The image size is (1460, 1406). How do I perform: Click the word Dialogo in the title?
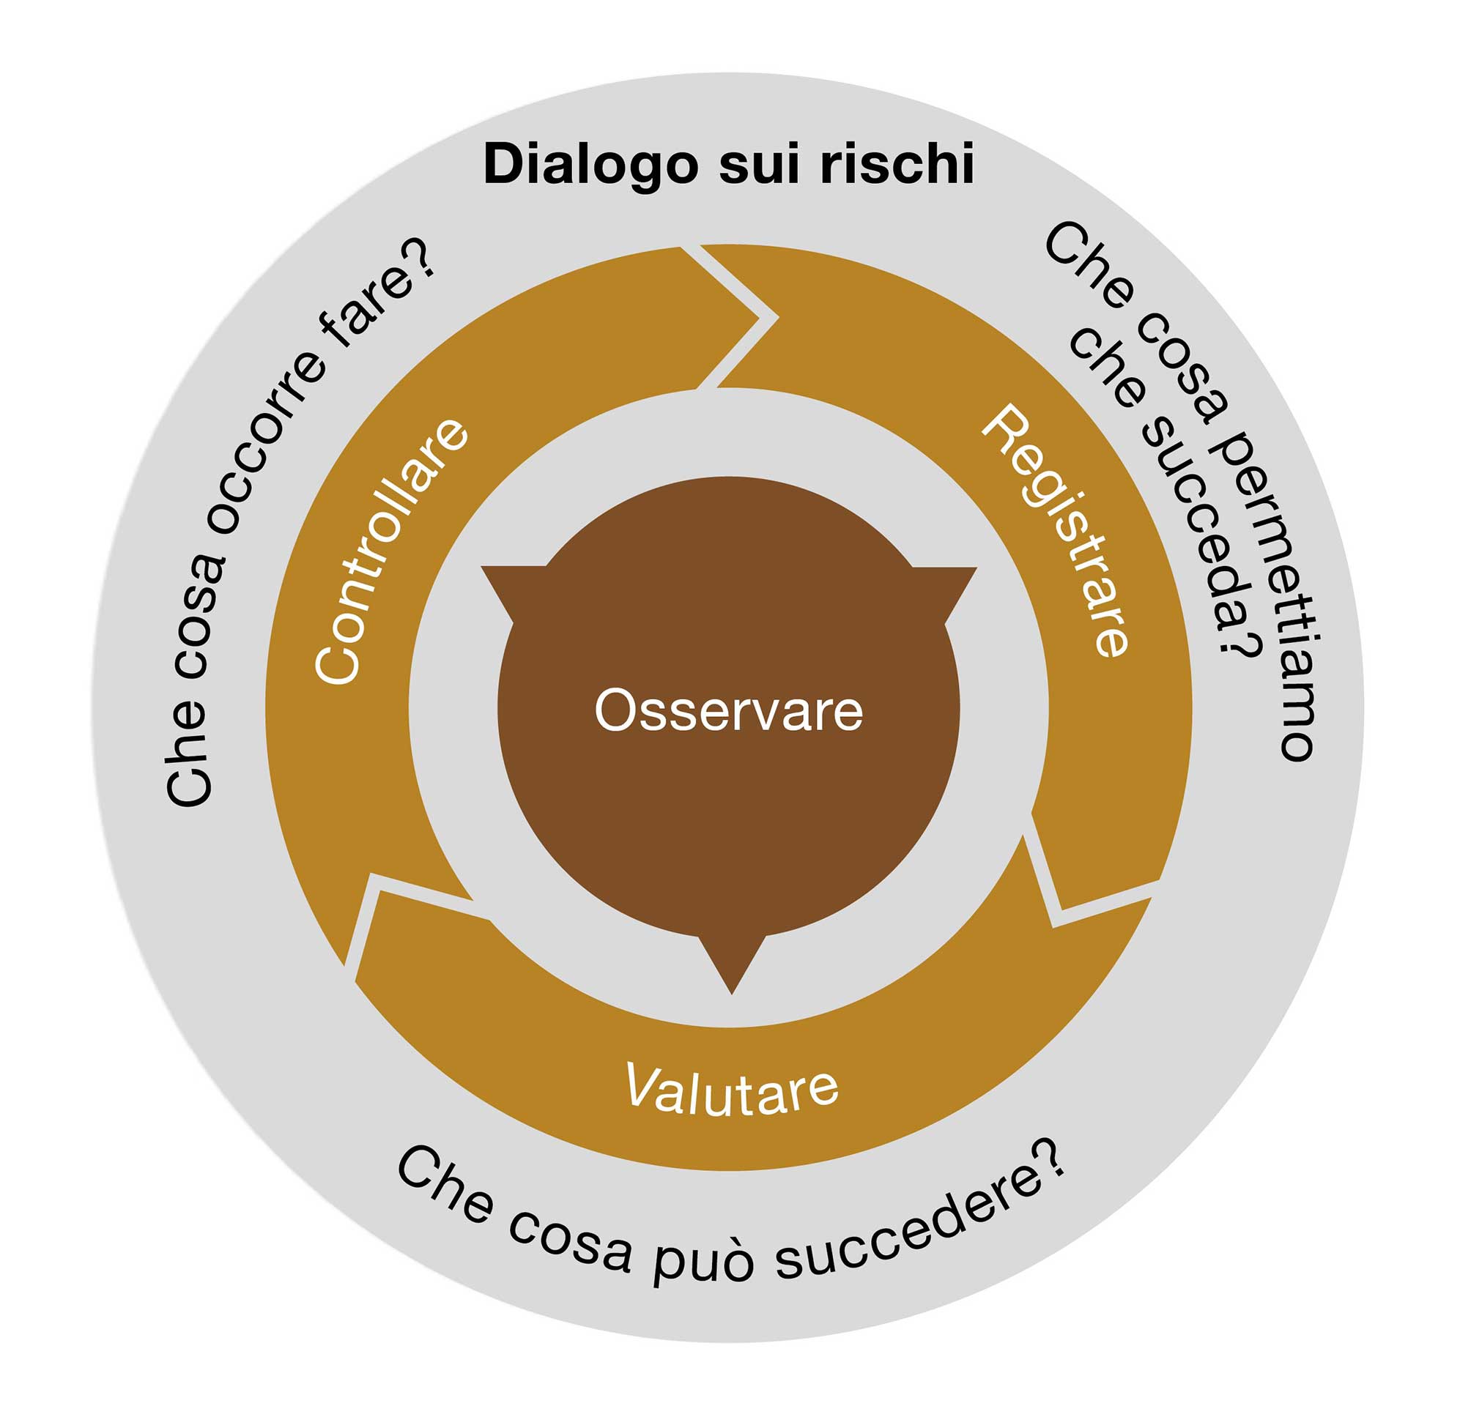589,165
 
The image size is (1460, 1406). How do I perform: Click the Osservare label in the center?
728,711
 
